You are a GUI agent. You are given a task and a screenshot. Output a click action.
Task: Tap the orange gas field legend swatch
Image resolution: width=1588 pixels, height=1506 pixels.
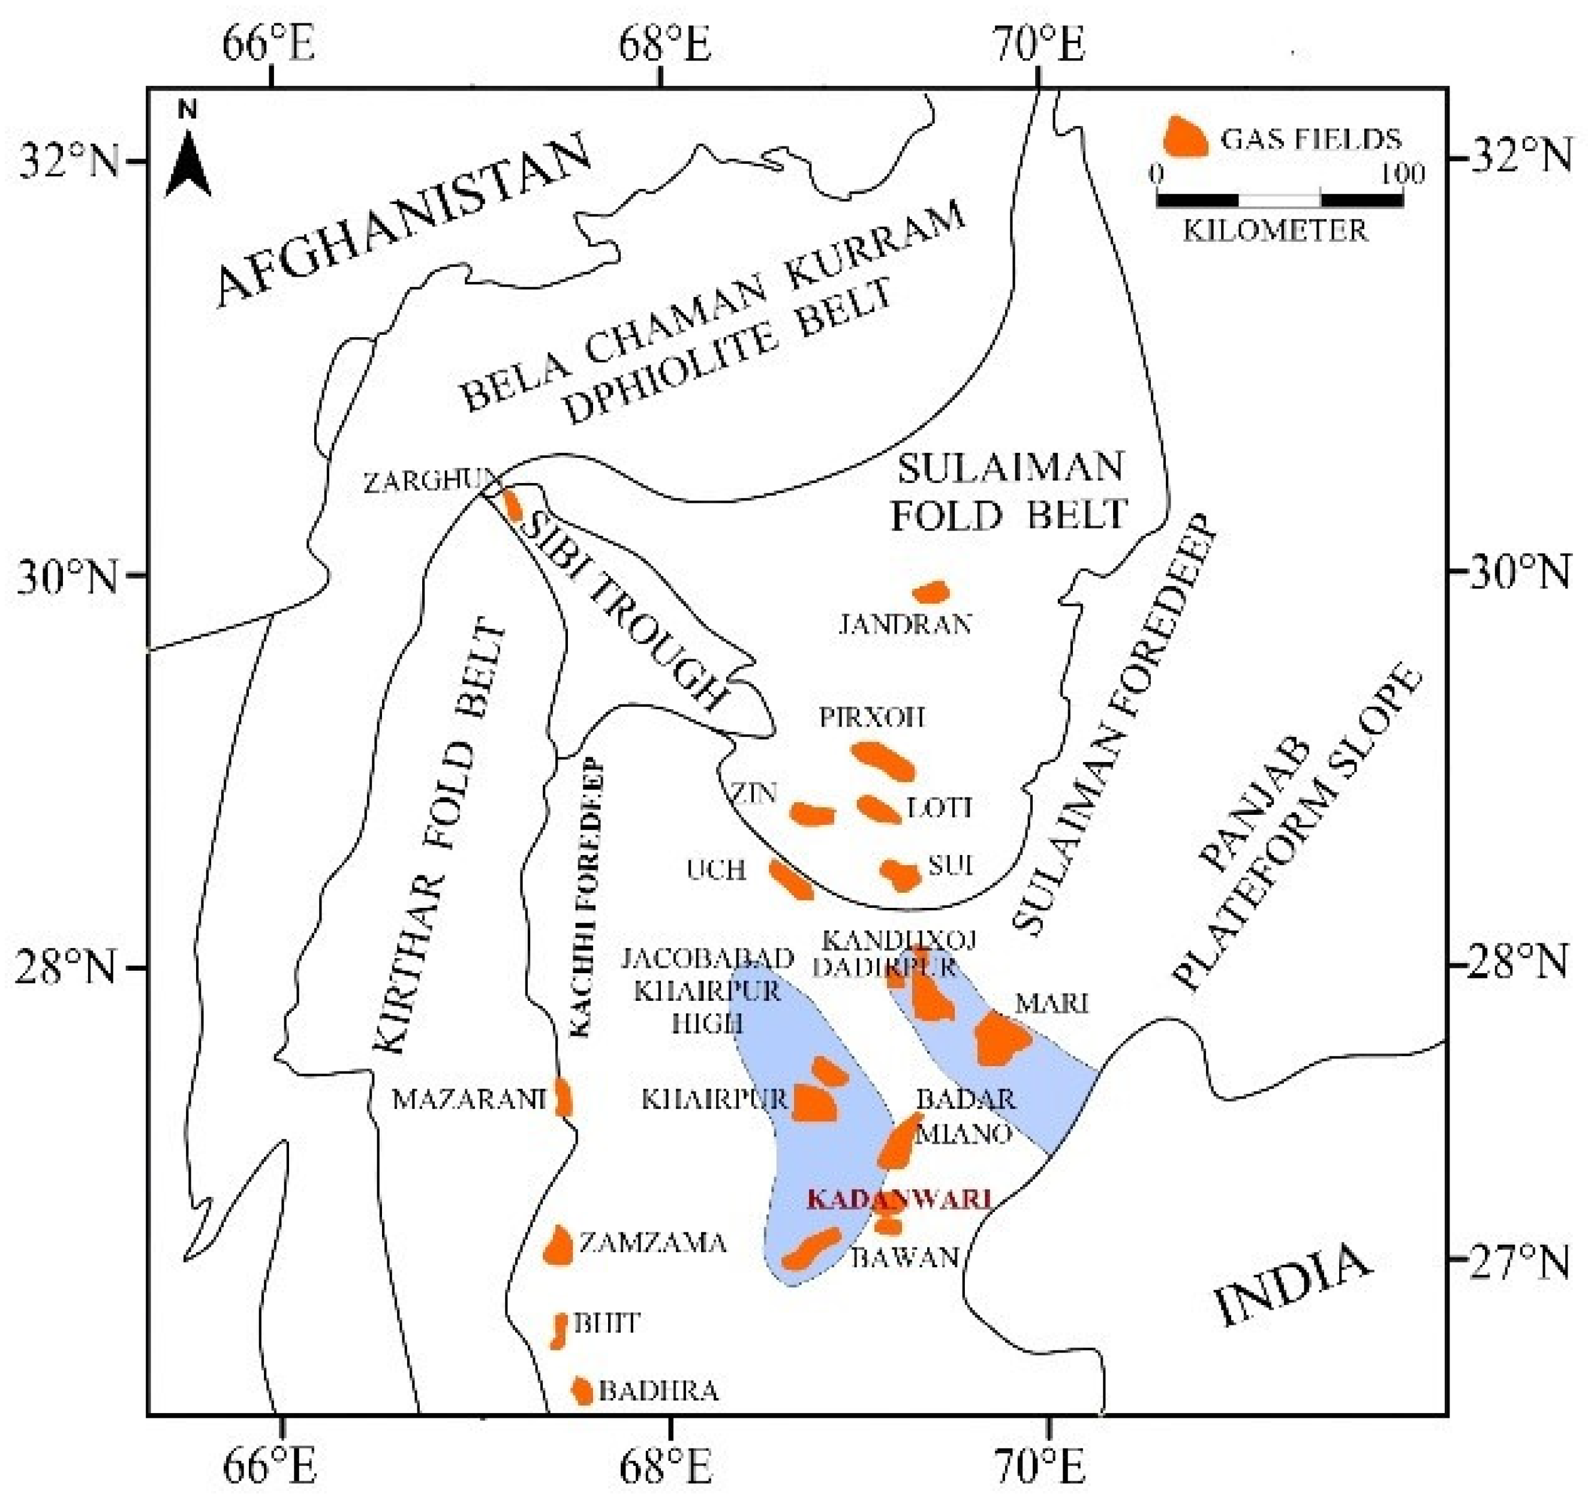point(1184,138)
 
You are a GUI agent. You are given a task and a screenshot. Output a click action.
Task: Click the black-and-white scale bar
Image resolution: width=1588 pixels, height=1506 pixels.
point(1279,199)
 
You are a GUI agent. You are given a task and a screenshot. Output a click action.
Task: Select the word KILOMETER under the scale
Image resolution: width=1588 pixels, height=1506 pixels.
point(1275,231)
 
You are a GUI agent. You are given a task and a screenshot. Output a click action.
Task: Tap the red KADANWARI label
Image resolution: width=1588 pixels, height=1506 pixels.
point(899,1200)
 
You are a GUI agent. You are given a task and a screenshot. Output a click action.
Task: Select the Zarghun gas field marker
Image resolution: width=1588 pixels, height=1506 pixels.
point(511,504)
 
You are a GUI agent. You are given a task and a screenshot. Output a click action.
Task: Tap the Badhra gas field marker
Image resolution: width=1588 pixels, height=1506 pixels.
point(582,1390)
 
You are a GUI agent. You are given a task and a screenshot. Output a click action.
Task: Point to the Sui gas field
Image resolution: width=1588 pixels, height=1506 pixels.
point(900,874)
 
